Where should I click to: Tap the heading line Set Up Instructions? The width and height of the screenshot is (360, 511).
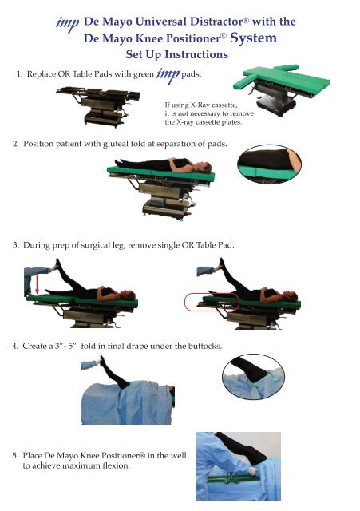point(176,55)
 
